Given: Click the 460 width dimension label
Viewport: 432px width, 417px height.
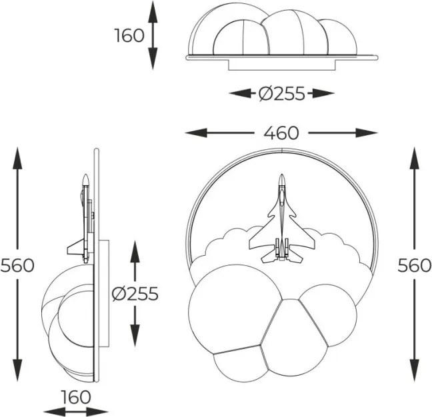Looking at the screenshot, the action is pos(281,133).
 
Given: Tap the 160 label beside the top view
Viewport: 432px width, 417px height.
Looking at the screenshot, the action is pos(129,35).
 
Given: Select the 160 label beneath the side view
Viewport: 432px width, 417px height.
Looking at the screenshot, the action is pos(76,397).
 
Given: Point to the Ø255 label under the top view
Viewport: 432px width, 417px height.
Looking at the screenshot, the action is pos(282,93).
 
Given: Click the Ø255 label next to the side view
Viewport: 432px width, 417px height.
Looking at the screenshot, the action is pos(135,294).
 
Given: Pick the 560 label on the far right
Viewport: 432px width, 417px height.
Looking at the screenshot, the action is pos(414,266).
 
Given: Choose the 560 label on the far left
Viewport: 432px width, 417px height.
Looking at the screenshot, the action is pos(17,266).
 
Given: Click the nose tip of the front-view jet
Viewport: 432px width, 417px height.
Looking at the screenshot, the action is pos(281,175).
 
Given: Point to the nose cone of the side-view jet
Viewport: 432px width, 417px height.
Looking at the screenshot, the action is pos(86,179).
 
